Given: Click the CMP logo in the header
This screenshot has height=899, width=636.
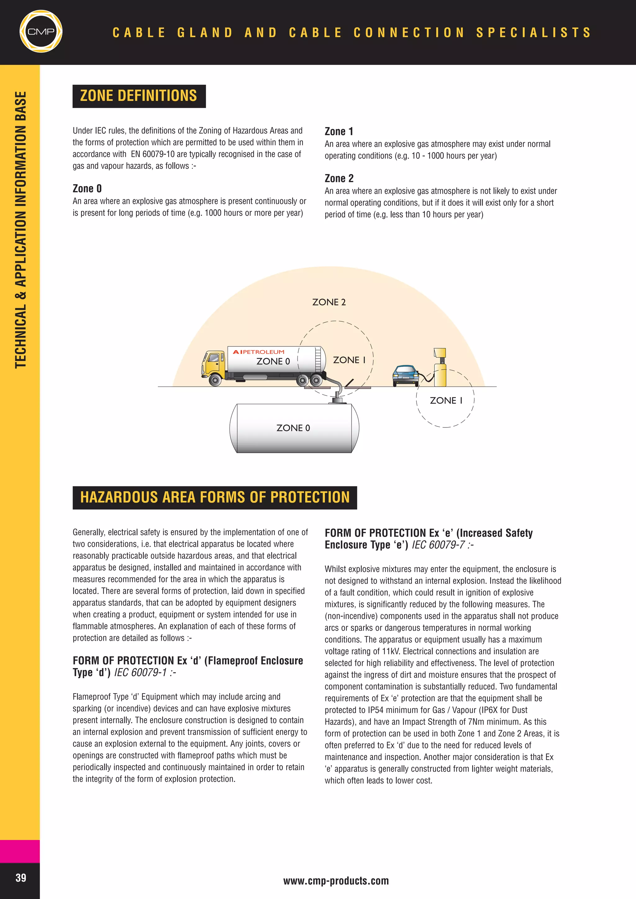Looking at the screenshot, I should (x=41, y=32).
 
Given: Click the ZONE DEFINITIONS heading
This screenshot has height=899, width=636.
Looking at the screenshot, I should (x=139, y=96).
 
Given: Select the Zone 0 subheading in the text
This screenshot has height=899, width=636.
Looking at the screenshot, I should (x=87, y=189).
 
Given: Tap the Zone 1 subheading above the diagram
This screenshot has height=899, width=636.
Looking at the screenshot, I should (x=339, y=132).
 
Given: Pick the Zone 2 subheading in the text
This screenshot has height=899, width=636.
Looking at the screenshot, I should (x=339, y=178).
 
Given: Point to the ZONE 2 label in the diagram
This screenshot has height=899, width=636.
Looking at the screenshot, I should (x=329, y=302).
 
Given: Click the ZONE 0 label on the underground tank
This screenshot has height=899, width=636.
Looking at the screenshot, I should (x=293, y=428).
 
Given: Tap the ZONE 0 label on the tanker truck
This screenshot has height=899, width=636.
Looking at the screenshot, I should (x=273, y=361).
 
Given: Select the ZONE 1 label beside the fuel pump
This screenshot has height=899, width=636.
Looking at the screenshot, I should (x=446, y=400).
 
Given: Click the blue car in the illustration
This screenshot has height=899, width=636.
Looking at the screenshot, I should (x=405, y=375).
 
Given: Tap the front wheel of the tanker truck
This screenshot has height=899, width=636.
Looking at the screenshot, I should (x=215, y=380).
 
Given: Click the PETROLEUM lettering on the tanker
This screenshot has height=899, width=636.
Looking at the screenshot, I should (x=263, y=352).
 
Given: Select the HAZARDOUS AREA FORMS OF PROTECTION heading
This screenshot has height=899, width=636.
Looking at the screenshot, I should (x=215, y=497).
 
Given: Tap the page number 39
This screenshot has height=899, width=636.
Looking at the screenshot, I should (x=21, y=878).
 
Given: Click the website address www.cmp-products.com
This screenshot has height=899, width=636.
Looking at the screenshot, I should (x=336, y=881).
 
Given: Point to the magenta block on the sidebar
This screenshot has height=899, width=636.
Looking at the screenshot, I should (x=20, y=851).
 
